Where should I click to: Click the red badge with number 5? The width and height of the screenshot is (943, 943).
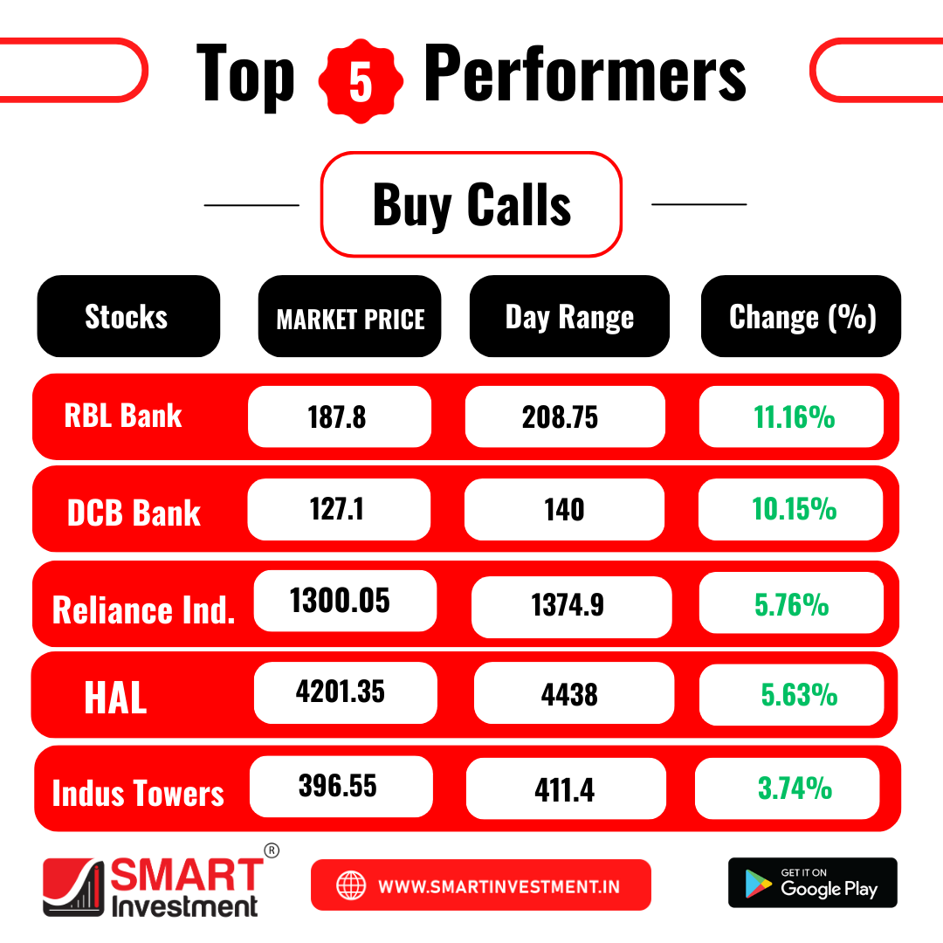tap(361, 81)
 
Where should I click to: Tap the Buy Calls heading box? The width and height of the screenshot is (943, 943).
tap(471, 204)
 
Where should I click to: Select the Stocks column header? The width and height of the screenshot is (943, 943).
tap(128, 316)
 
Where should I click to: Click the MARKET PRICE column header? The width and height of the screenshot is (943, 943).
tap(350, 316)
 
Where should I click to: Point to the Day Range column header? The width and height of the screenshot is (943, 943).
tap(569, 316)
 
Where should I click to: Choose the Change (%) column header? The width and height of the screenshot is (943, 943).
tap(801, 316)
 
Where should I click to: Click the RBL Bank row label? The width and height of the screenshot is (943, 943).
tap(123, 416)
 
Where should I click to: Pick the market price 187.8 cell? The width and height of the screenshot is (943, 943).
tap(340, 416)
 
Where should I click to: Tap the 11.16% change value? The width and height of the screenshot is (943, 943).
tap(795, 417)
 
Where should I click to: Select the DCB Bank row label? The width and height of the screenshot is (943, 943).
tap(134, 513)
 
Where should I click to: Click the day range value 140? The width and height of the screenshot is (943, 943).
tap(564, 510)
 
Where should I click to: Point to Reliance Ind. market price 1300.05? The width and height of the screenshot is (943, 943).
tap(340, 601)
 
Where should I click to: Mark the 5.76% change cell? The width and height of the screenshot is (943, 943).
tap(791, 603)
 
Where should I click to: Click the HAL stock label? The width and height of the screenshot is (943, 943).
tap(115, 698)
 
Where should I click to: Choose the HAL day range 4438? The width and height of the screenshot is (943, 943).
tap(569, 695)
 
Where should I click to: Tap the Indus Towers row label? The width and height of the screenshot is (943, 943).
tap(138, 793)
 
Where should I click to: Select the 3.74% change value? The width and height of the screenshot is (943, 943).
tap(795, 788)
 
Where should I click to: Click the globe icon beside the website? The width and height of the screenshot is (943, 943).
tap(351, 885)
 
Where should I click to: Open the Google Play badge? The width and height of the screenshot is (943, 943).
tap(813, 882)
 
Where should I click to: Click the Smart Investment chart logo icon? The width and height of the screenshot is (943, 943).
tap(72, 887)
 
